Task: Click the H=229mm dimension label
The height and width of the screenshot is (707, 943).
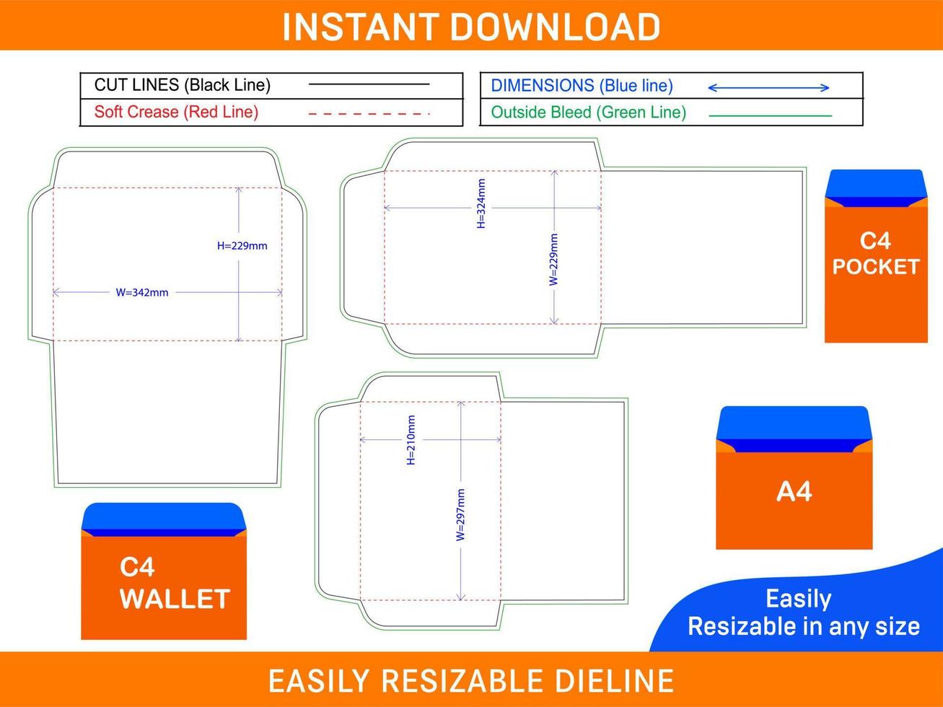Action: tap(242, 246)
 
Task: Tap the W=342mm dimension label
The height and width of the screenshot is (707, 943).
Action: tap(141, 292)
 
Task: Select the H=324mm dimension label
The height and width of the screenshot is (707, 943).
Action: tap(481, 203)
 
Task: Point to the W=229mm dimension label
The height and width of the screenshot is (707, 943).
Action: tap(554, 260)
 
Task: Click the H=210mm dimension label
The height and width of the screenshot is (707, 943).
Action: tap(411, 440)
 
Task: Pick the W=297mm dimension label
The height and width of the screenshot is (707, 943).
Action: tap(460, 514)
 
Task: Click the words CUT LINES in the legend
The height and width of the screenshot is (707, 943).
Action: tap(136, 85)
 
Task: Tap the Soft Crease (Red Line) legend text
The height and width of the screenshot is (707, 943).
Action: tap(176, 112)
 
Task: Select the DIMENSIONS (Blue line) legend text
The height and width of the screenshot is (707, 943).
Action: tap(582, 86)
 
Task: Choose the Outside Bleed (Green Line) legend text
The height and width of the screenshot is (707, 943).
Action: tap(589, 113)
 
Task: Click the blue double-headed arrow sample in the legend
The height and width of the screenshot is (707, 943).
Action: tap(768, 88)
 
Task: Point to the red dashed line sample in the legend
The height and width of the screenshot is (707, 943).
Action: tap(369, 114)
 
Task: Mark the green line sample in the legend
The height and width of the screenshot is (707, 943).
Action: tap(771, 115)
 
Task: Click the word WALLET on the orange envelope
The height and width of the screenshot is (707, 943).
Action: tap(175, 600)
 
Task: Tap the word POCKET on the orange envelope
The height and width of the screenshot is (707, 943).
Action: tap(876, 267)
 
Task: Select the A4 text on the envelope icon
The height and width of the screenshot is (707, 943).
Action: tap(794, 491)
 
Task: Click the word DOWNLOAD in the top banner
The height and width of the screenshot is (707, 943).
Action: tap(555, 27)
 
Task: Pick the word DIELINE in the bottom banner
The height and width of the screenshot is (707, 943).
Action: tap(614, 681)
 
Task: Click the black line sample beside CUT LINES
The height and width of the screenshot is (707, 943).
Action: tap(369, 84)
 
